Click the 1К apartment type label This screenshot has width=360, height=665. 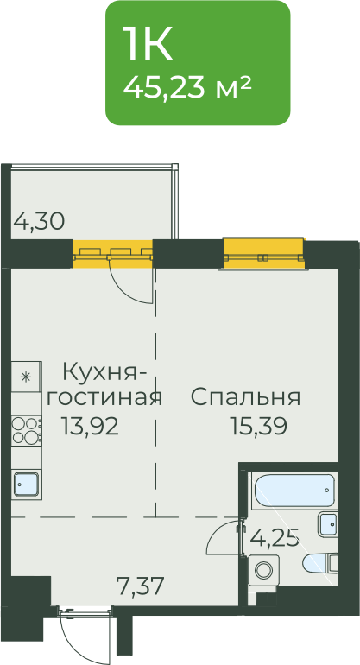click(x=148, y=43)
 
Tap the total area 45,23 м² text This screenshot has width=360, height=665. click(x=187, y=87)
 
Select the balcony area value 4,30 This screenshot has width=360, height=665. click(x=39, y=221)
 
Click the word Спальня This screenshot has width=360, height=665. click(x=246, y=398)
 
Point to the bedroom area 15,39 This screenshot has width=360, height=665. click(x=259, y=426)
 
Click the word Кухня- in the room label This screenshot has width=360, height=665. click(x=105, y=373)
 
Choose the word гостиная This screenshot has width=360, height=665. click(x=104, y=398)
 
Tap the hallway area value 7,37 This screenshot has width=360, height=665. click(x=141, y=587)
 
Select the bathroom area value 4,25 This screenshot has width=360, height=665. click(x=275, y=538)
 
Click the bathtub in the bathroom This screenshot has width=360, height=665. click(x=294, y=491)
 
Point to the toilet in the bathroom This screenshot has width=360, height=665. click(x=320, y=564)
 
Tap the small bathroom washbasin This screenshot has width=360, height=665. click(x=327, y=524)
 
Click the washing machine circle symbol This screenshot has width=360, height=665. click(x=264, y=570)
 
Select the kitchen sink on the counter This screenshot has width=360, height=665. click(x=26, y=484)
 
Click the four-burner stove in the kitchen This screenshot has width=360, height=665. click(x=26, y=429)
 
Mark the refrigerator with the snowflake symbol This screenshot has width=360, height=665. click(x=26, y=377)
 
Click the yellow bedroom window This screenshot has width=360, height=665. click(x=264, y=254)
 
